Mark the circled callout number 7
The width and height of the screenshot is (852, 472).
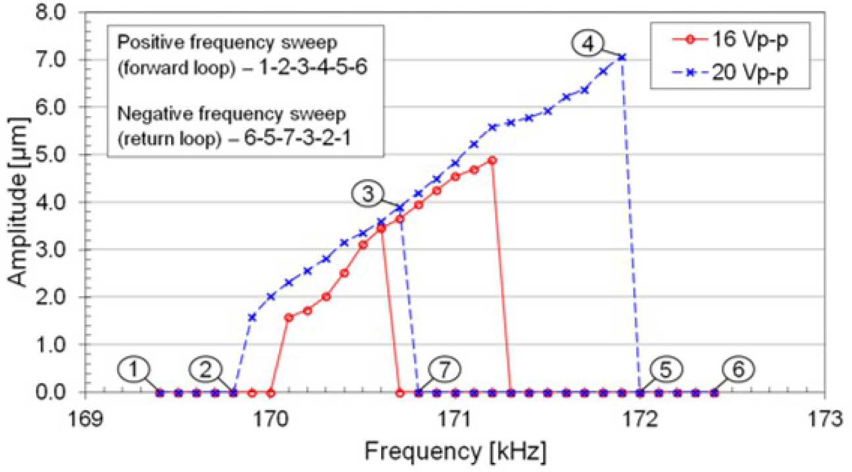[446, 369]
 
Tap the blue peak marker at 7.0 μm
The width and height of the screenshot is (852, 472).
[622, 57]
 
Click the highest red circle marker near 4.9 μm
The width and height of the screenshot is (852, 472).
[492, 160]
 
